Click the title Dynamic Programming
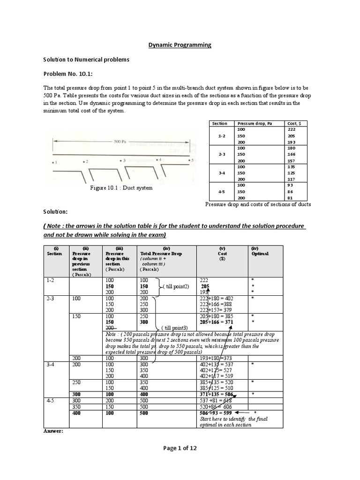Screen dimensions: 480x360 [180, 45]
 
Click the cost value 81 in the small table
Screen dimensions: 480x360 [291, 197]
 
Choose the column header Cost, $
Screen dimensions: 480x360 [294, 123]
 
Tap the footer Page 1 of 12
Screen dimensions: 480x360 [180, 448]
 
